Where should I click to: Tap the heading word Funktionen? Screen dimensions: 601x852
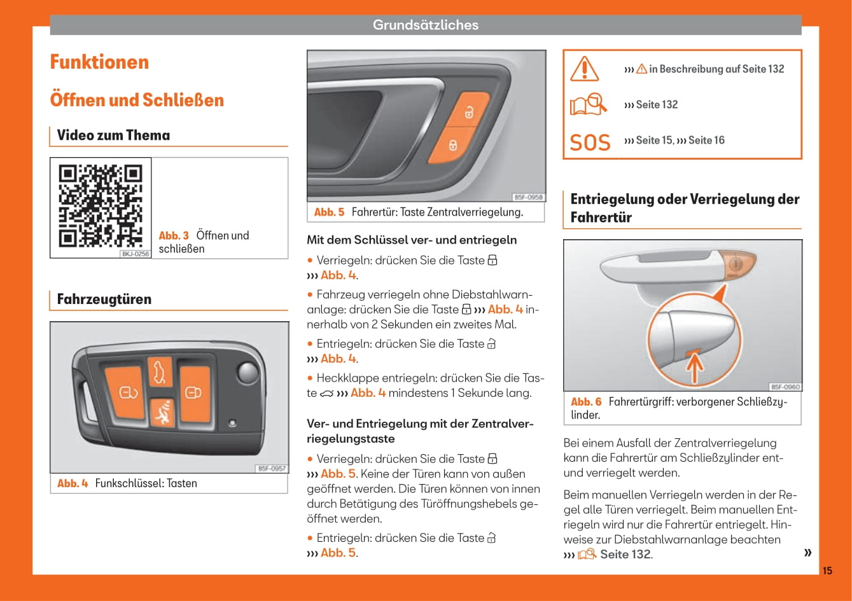[x=99, y=62]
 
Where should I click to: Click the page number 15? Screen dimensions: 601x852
[x=827, y=570]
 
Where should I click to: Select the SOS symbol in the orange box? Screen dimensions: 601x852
[x=589, y=142]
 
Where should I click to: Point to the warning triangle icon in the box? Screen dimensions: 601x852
[x=584, y=69]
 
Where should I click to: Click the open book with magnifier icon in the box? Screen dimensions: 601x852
[x=588, y=104]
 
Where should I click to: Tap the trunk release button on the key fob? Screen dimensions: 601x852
[x=159, y=371]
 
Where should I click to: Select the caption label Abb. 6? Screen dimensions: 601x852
[x=586, y=402]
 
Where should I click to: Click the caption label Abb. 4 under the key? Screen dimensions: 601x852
[x=73, y=483]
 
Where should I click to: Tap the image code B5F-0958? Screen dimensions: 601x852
[x=528, y=198]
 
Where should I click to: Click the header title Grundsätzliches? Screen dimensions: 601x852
[x=425, y=25]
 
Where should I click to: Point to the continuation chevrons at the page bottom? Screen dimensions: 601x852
[x=807, y=552]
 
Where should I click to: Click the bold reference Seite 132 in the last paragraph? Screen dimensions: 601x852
[x=625, y=555]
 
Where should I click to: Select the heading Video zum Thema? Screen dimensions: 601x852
[x=113, y=135]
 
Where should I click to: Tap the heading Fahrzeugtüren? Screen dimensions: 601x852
[x=104, y=300]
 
